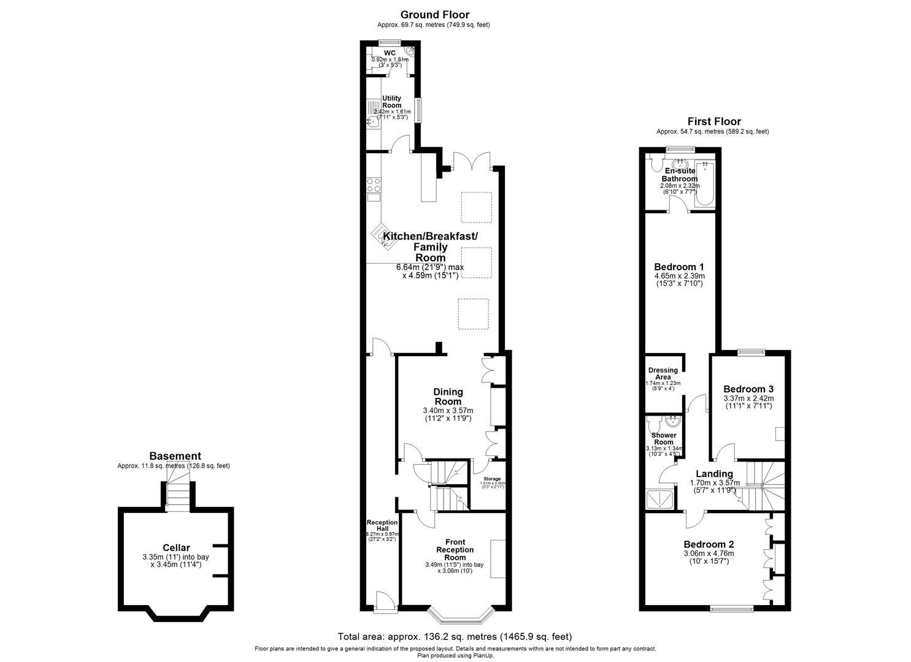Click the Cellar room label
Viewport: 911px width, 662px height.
coord(176,547)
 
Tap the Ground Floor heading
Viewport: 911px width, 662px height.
coord(434,15)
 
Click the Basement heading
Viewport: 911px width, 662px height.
coord(175,456)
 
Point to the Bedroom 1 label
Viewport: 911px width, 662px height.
coord(678,267)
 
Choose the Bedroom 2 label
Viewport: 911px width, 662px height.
coord(709,544)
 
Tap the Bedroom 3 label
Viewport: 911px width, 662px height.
coord(748,389)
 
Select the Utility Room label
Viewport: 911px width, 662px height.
coord(391,102)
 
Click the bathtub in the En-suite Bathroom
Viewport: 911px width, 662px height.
coord(705,183)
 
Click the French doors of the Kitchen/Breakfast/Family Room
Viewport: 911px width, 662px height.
coord(471,161)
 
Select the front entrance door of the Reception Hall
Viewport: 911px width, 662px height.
coord(385,603)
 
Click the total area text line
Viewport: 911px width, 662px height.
coord(455,636)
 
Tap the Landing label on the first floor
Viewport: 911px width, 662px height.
coord(714,474)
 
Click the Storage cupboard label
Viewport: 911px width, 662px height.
coord(492,479)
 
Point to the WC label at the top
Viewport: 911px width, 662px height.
coord(390,53)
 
